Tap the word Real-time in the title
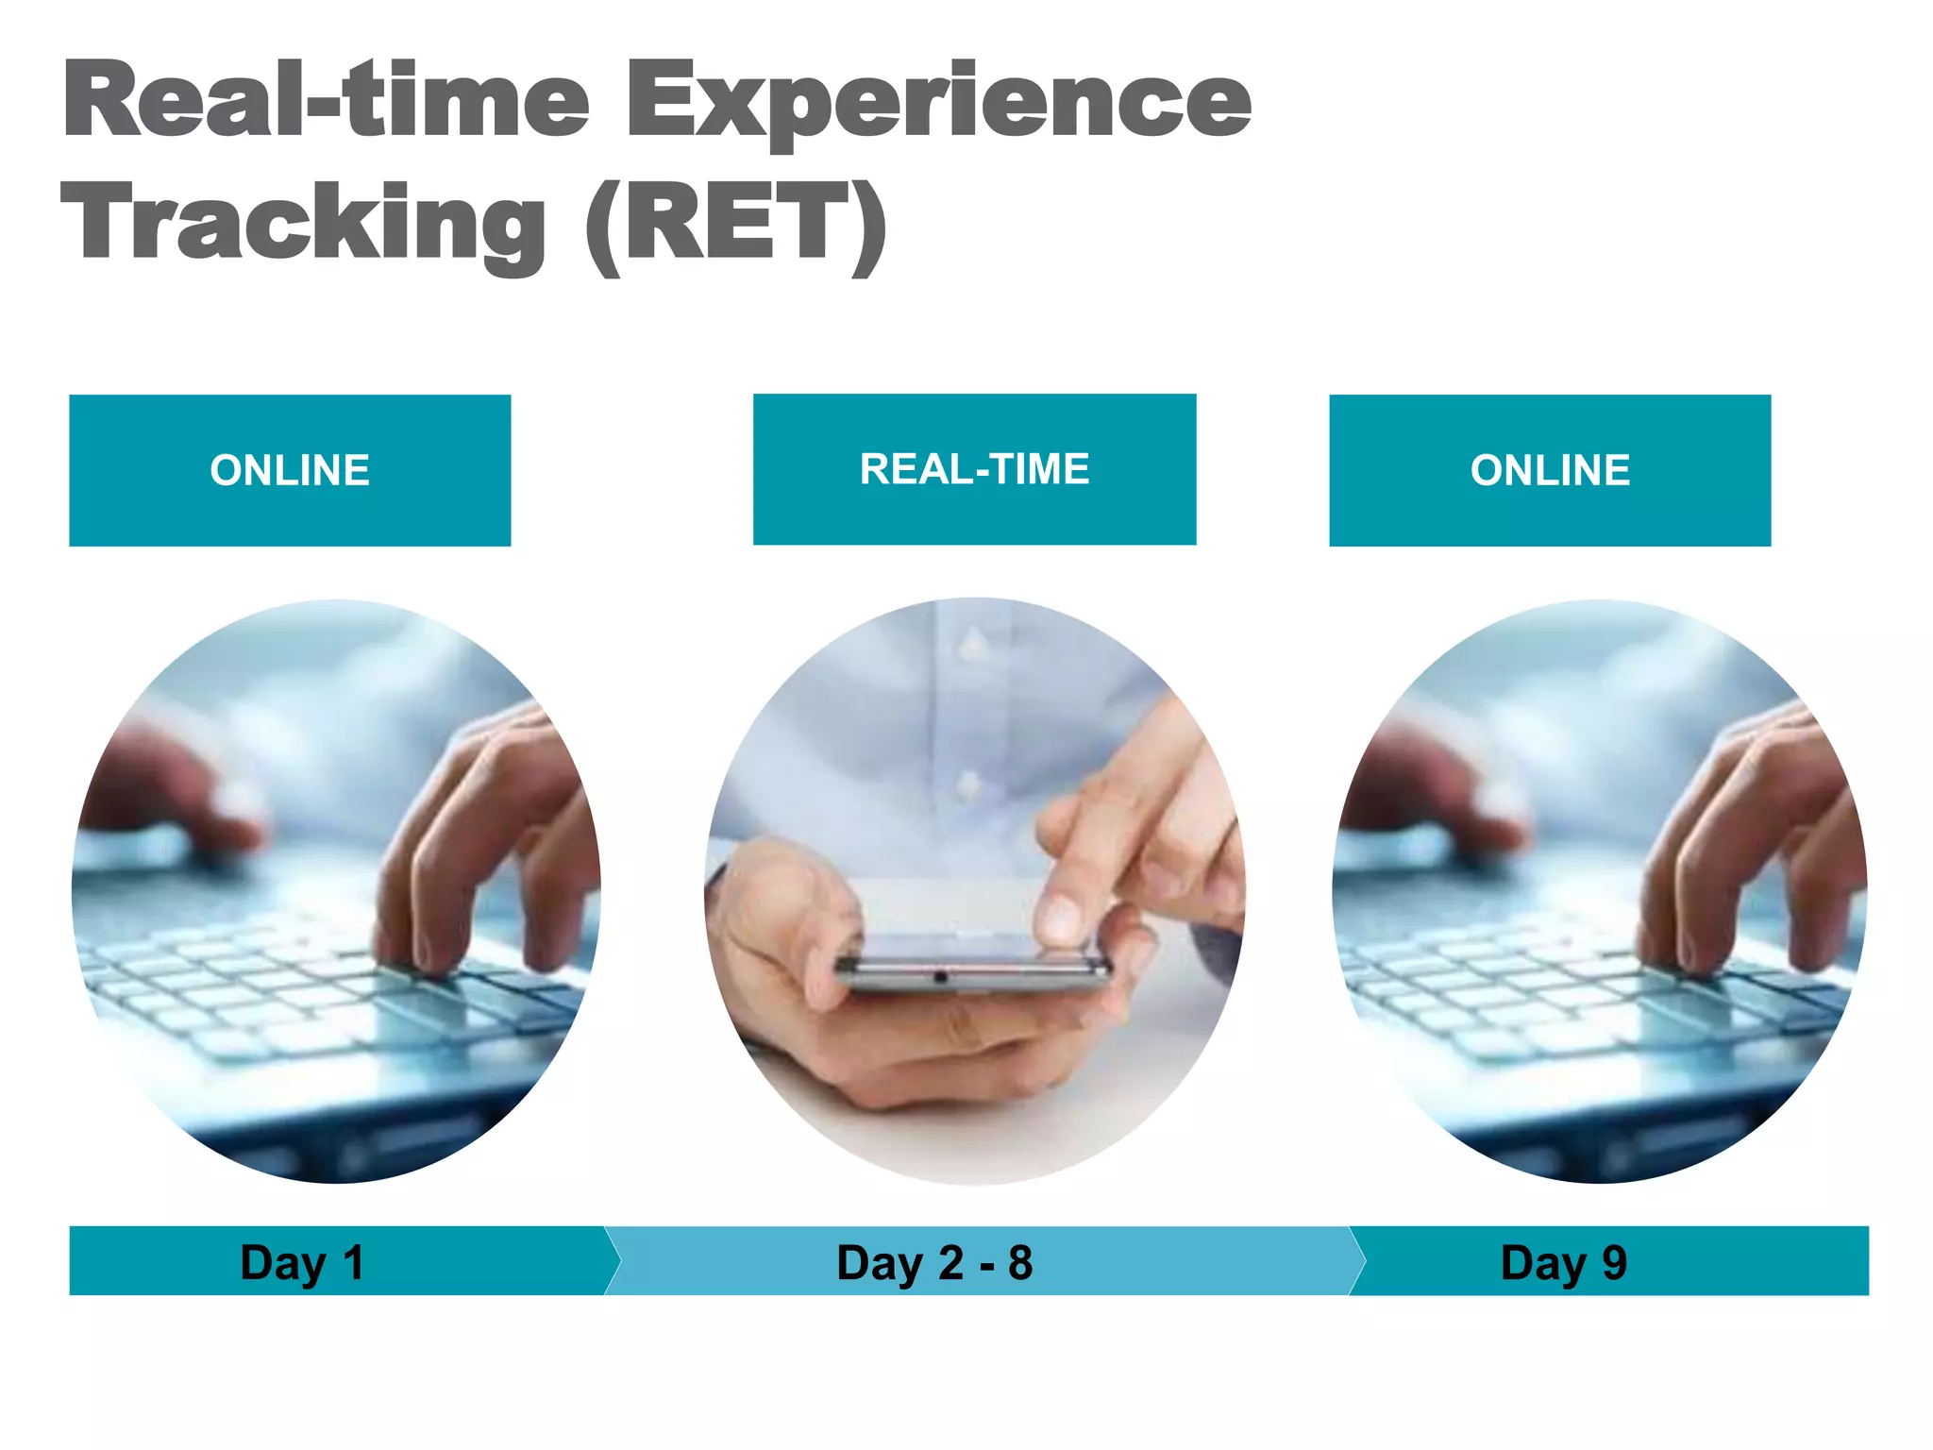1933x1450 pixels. point(327,100)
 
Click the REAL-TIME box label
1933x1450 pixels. point(974,469)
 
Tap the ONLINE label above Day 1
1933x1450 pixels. point(290,470)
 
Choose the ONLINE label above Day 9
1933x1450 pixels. point(1550,470)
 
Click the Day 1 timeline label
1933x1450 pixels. point(302,1262)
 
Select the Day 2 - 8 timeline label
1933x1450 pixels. point(934,1262)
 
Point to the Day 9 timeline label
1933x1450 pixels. point(1564,1262)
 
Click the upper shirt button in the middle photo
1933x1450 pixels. point(970,648)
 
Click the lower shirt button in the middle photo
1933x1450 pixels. point(969,784)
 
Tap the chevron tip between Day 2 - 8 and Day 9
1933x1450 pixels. point(1365,1260)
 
